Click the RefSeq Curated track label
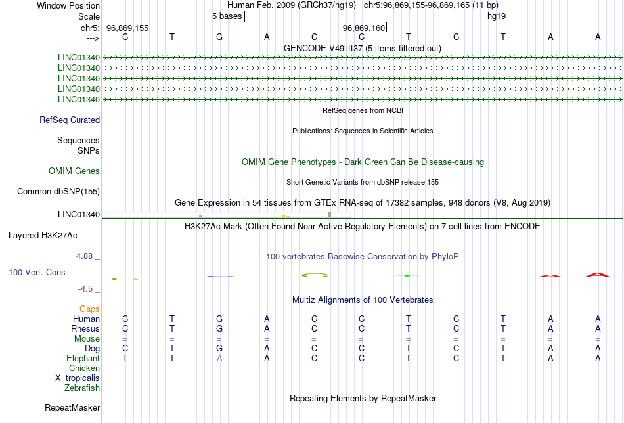coord(70,120)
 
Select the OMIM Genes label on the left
coord(74,171)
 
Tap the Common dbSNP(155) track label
coord(58,192)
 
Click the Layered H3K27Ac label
coord(54,235)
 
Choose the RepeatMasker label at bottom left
coord(72,408)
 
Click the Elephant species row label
coord(83,359)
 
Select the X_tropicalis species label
coord(78,378)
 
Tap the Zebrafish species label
coord(82,388)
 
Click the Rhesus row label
coord(85,328)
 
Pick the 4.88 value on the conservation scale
coord(88,256)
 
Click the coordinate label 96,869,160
coord(363,28)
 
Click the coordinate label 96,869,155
coord(127,28)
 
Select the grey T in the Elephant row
coord(125,358)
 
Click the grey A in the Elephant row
coord(219,358)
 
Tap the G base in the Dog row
coord(219,348)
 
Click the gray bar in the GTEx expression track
coord(329,215)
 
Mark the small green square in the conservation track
coord(407,276)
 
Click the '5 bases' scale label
coord(227,16)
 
